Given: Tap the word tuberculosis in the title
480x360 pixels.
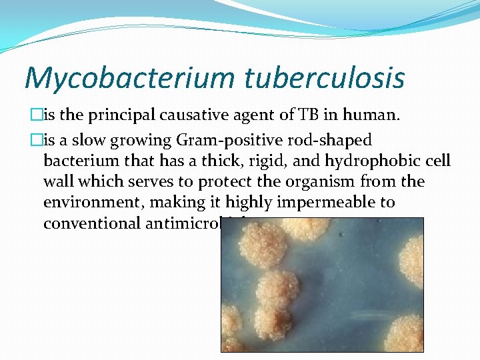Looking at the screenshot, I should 325,77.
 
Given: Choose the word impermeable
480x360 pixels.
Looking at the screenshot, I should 311,202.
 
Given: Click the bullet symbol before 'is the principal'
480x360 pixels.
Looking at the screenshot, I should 29,116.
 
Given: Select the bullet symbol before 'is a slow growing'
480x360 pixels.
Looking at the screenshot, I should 29,141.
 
